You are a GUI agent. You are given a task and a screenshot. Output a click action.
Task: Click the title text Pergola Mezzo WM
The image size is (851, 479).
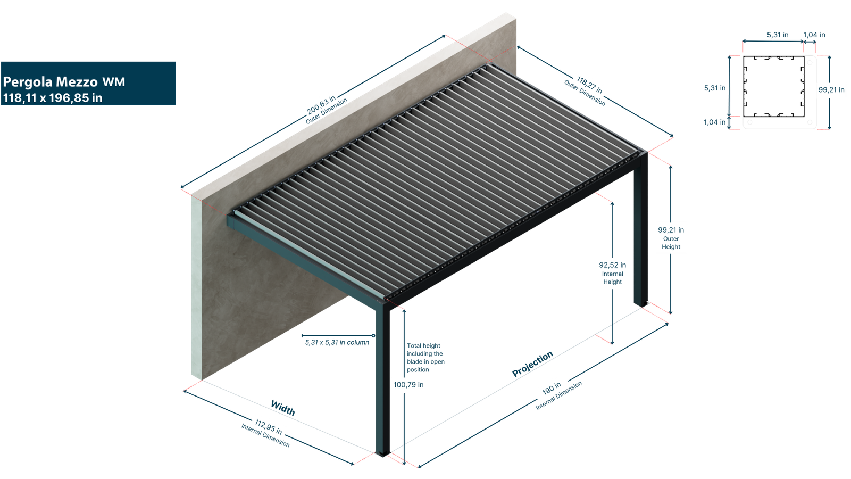coord(64,81)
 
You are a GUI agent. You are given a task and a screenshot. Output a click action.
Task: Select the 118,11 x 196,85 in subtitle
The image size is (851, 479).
coord(52,98)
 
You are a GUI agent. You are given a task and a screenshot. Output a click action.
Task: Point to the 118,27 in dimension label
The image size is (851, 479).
coord(589,85)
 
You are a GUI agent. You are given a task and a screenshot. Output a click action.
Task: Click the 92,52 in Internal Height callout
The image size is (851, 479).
coord(612,272)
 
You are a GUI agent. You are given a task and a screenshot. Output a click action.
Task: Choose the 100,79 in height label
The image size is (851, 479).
coord(408,385)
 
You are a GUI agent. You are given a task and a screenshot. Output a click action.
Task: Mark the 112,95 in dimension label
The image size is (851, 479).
coord(268,426)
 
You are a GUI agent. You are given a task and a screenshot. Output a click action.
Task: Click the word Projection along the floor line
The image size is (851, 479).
coord(532,365)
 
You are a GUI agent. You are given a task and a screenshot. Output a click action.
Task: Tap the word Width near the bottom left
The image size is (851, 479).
coord(282,408)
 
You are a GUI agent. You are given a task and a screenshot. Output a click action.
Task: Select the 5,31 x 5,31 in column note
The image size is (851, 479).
coord(337,342)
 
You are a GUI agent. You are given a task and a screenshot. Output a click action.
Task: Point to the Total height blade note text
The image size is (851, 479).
coord(425,358)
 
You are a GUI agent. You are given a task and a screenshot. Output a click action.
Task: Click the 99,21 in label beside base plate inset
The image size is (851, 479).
coord(831,90)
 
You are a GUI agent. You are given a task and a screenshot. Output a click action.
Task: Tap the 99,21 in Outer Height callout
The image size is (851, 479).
coord(671,238)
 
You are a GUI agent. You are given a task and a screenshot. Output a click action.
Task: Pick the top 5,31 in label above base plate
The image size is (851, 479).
coord(777,35)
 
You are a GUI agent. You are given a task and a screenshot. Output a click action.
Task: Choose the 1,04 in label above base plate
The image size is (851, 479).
coord(814,35)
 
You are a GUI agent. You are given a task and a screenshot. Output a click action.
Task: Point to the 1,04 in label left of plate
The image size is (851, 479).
coord(715,122)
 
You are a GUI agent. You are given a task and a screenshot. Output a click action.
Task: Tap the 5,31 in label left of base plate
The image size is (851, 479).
coord(715,88)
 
